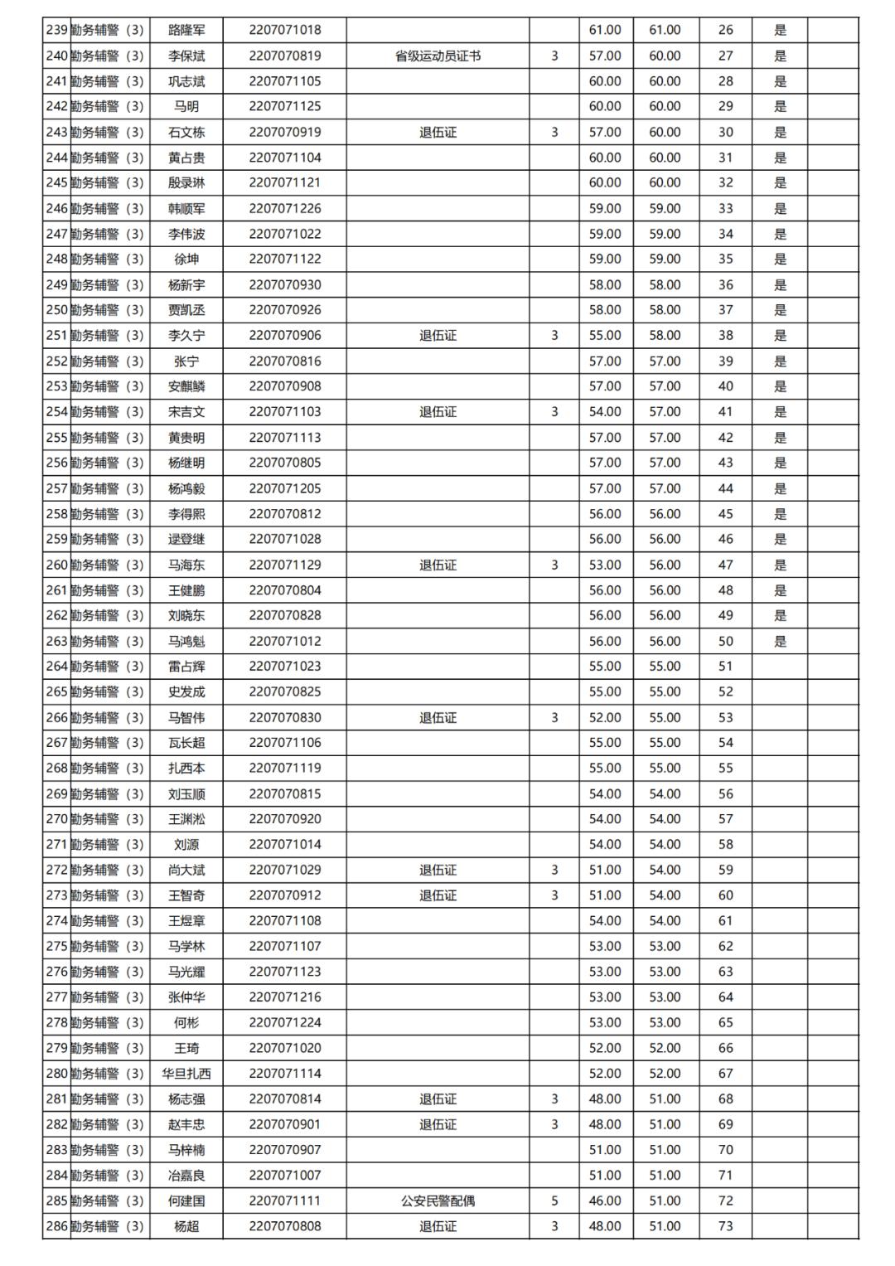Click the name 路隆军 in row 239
pyautogui.click(x=186, y=30)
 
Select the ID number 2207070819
pyautogui.click(x=284, y=56)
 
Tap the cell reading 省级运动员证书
pyautogui.click(x=438, y=56)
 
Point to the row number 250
pyautogui.click(x=56, y=310)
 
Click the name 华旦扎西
pyautogui.click(x=186, y=1074)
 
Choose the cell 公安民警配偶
pyautogui.click(x=438, y=1201)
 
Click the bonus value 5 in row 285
pyautogui.click(x=554, y=1201)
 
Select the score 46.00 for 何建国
pyautogui.click(x=605, y=1201)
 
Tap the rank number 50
pyautogui.click(x=726, y=641)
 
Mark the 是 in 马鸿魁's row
pyautogui.click(x=780, y=641)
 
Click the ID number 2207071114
pyautogui.click(x=284, y=1074)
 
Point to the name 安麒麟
pyautogui.click(x=186, y=386)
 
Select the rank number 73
pyautogui.click(x=726, y=1226)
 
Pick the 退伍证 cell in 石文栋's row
pyautogui.click(x=438, y=132)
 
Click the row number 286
pyautogui.click(x=56, y=1226)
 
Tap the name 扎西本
pyautogui.click(x=186, y=768)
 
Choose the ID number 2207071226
pyautogui.click(x=284, y=208)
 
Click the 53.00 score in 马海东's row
pyautogui.click(x=605, y=565)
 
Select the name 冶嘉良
pyautogui.click(x=186, y=1175)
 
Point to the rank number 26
pyautogui.click(x=726, y=30)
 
